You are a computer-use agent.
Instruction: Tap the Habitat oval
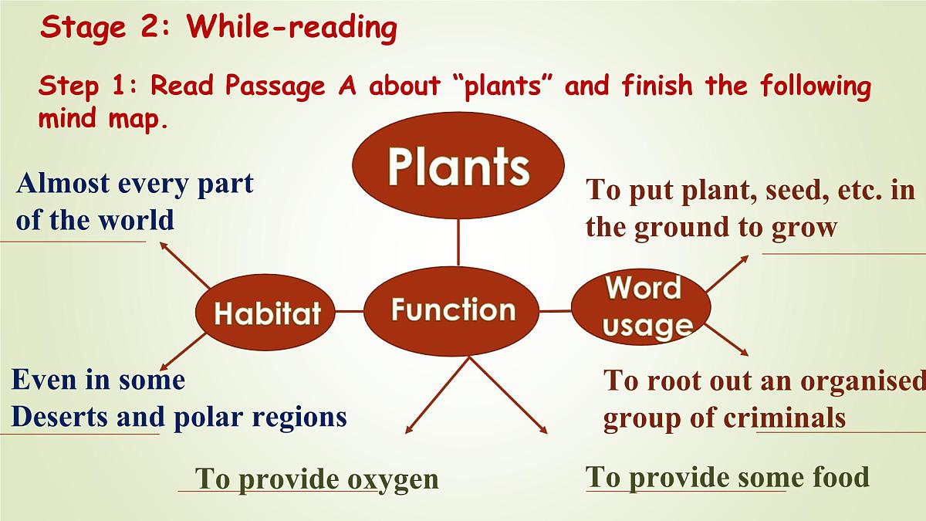[x=267, y=313]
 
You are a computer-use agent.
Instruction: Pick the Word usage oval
[x=640, y=307]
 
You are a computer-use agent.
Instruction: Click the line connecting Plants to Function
[x=458, y=242]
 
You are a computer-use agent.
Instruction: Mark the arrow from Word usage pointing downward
[x=726, y=340]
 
